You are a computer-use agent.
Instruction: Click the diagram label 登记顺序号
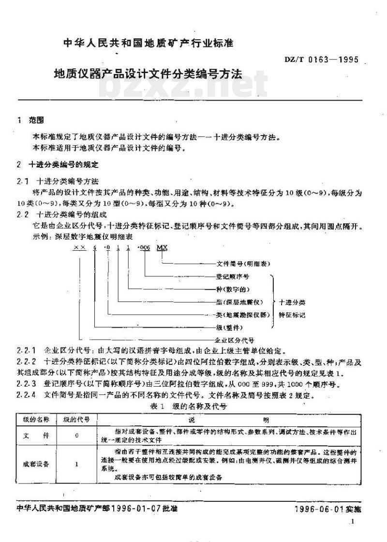pos(232,276)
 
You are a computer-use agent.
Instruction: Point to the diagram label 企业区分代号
pos(235,340)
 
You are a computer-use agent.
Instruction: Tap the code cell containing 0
pos(77,436)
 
